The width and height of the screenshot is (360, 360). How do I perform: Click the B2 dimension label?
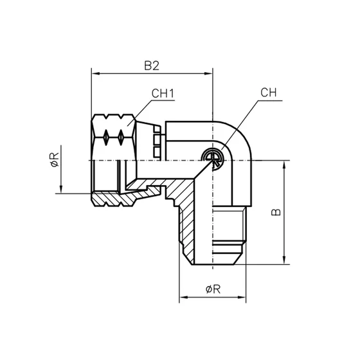click(x=151, y=66)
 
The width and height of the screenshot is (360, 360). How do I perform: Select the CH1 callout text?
click(x=163, y=94)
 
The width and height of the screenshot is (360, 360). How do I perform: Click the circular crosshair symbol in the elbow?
click(x=210, y=157)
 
